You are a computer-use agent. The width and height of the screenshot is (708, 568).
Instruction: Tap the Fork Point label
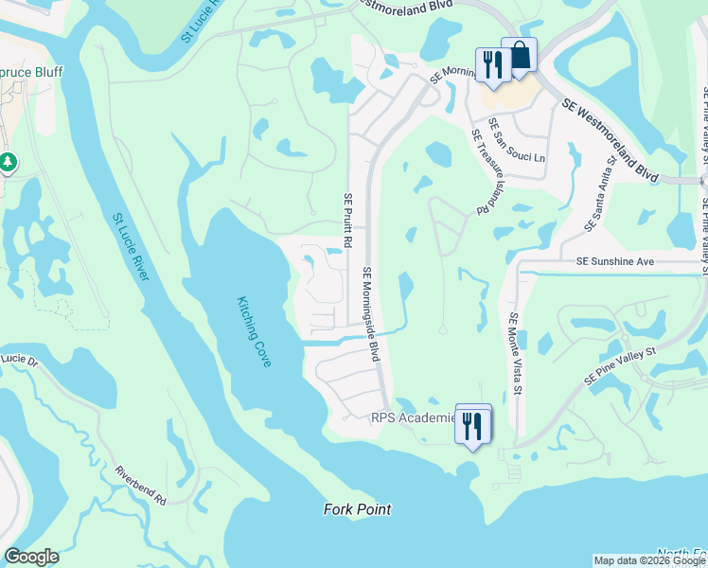(356, 510)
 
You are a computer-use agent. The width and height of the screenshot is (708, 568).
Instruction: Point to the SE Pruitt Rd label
(348, 220)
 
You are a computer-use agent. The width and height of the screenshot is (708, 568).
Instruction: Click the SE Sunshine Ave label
(615, 260)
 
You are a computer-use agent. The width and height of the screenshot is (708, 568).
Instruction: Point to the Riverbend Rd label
(140, 485)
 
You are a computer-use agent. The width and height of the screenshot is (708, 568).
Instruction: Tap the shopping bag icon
(519, 56)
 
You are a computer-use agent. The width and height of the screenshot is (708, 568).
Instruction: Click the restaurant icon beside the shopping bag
(491, 65)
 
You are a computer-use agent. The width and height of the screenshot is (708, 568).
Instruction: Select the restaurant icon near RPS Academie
(473, 425)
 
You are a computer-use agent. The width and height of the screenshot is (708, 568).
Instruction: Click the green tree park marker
(8, 163)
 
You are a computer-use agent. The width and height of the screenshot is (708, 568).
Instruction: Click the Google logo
(31, 557)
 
